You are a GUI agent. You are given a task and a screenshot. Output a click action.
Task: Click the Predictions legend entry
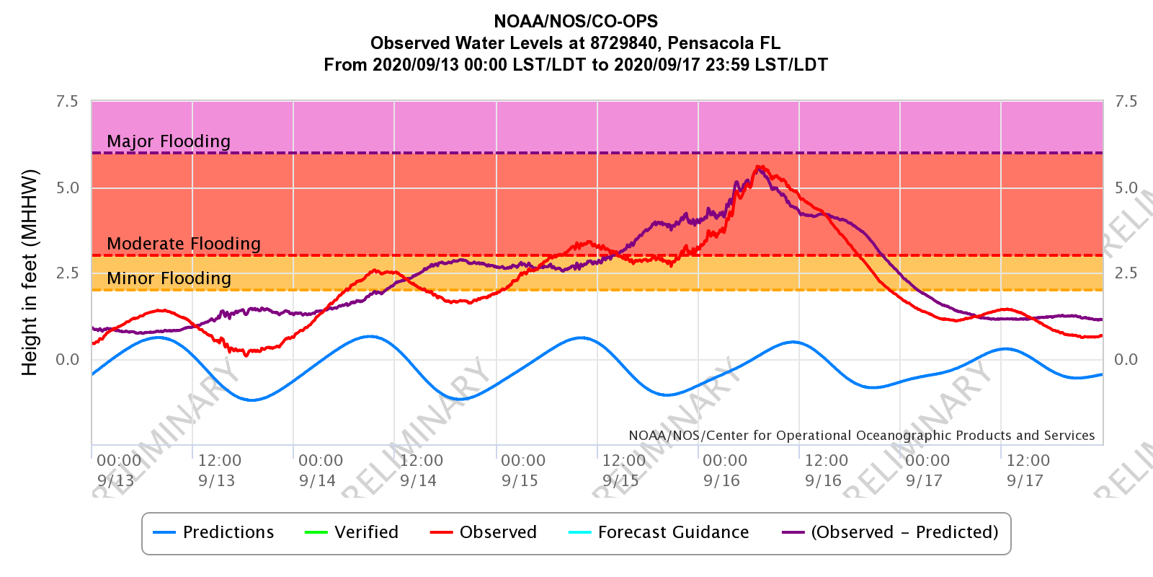214,532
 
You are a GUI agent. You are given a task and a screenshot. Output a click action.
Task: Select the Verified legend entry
352,532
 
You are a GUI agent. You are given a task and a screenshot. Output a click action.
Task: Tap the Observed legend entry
484,532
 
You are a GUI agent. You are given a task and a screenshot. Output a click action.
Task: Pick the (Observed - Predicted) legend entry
891,532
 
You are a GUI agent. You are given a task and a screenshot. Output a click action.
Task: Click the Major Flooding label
169,141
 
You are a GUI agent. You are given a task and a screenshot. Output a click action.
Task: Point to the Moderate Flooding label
184,244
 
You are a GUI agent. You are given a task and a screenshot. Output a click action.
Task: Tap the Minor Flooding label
169,278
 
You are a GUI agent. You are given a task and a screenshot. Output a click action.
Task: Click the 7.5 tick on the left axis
67,102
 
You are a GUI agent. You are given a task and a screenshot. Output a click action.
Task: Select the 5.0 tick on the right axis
1126,188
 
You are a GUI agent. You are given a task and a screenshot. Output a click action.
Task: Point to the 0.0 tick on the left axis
67,359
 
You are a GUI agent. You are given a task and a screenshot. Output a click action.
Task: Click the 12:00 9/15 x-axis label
623,470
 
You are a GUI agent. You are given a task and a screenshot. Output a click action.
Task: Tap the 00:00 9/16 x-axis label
724,470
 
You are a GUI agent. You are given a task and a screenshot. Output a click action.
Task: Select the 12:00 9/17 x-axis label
1028,470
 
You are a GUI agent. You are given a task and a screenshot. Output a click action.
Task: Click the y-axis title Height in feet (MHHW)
30,273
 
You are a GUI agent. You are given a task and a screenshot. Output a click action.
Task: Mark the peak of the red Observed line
759,167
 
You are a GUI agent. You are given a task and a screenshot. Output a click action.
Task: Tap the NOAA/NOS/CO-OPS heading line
576,22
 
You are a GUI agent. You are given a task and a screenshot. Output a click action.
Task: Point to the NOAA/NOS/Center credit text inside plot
861,436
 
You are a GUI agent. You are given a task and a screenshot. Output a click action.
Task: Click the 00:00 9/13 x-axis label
119,470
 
